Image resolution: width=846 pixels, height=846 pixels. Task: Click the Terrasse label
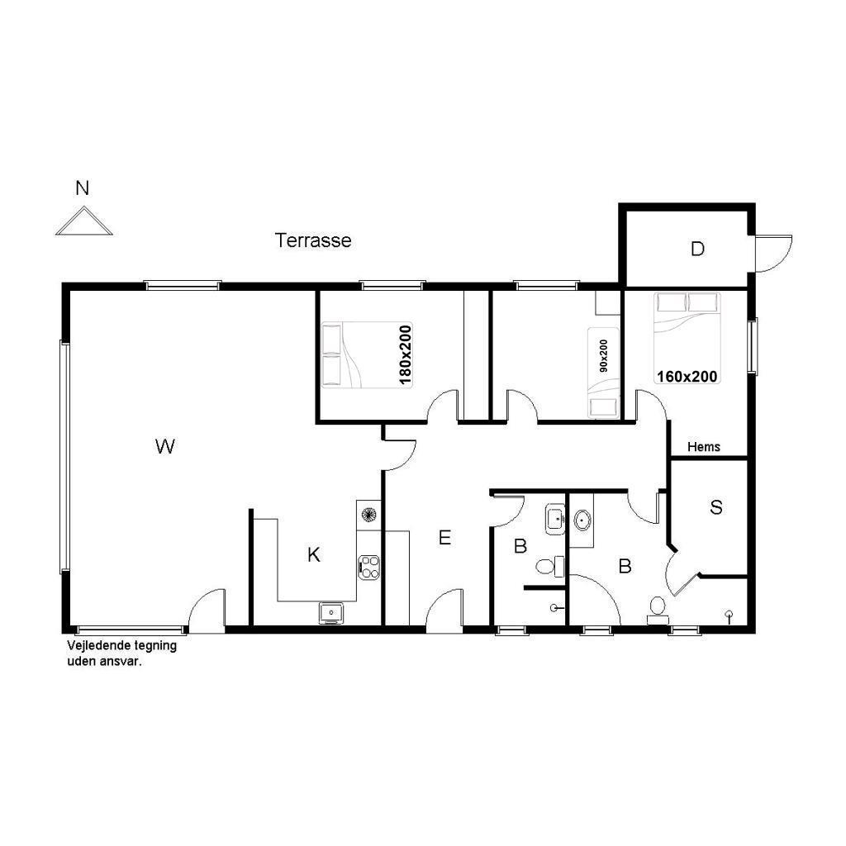[313, 240]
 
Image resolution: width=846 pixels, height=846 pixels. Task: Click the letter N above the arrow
[82, 188]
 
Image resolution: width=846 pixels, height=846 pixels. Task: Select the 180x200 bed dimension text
[405, 355]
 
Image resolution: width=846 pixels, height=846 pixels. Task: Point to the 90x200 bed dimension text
[604, 355]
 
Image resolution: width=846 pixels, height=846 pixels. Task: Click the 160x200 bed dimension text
[687, 376]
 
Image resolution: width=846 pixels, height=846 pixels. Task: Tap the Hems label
[704, 447]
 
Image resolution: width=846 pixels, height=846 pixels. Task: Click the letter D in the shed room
[697, 249]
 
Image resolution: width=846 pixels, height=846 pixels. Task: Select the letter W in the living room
[165, 446]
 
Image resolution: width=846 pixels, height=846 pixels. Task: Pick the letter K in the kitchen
[313, 554]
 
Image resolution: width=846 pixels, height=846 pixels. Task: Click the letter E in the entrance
[444, 537]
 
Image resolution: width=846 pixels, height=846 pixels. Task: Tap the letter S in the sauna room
[716, 507]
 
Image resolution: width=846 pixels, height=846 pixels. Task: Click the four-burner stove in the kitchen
[369, 568]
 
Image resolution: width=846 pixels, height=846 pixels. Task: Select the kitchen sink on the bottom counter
[330, 612]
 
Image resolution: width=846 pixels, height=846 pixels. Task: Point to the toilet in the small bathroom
[549, 567]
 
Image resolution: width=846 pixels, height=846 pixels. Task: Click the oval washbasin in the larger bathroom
[582, 520]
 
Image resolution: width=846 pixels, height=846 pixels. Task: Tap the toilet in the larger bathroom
[657, 609]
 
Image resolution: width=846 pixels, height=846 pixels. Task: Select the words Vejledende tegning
[122, 645]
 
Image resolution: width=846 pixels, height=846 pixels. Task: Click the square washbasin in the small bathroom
[554, 519]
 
